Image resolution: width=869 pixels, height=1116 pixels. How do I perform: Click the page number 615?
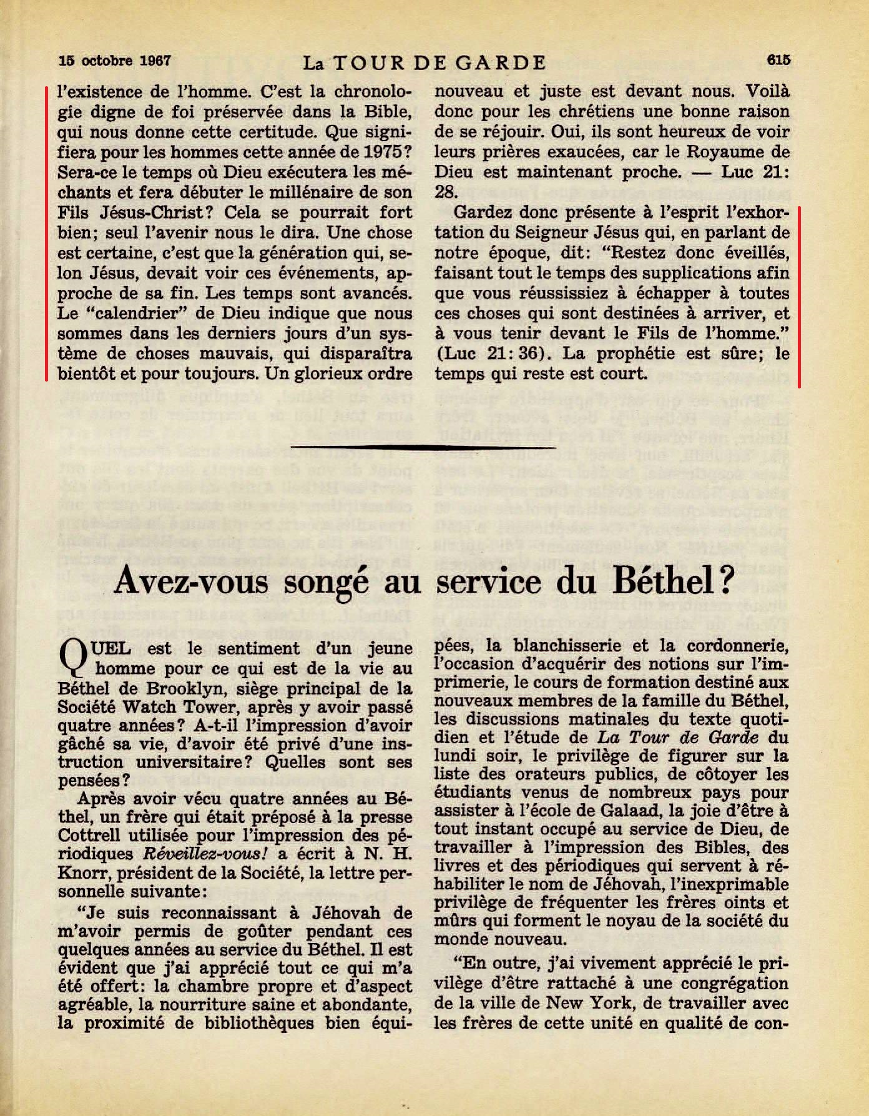pyautogui.click(x=779, y=60)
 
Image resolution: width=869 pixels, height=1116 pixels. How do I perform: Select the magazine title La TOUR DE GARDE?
pyautogui.click(x=425, y=62)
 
